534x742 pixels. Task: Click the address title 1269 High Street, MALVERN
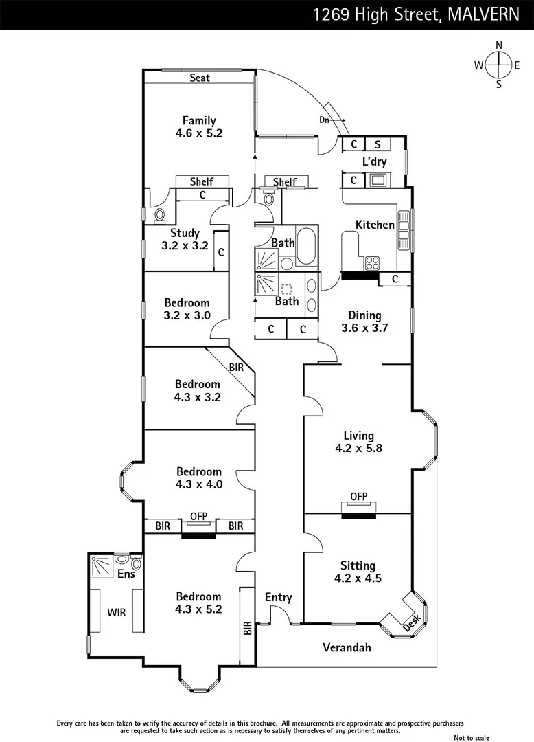[x=416, y=14]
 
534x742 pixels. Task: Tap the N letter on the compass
[x=499, y=45]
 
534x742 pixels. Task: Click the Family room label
[x=199, y=121]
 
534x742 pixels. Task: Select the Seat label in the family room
[x=200, y=78]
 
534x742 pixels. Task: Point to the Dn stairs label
[x=325, y=120]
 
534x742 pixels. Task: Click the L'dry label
[x=375, y=162]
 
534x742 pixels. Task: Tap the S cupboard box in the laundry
[x=378, y=144]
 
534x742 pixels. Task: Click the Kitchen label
[x=375, y=225]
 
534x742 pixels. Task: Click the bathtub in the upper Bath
[x=307, y=245]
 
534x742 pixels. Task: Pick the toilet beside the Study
[x=159, y=216]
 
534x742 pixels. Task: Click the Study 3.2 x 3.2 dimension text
[x=185, y=245]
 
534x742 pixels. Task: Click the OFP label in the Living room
[x=358, y=496]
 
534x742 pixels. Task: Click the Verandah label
[x=347, y=647]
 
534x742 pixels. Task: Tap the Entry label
[x=278, y=597]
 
